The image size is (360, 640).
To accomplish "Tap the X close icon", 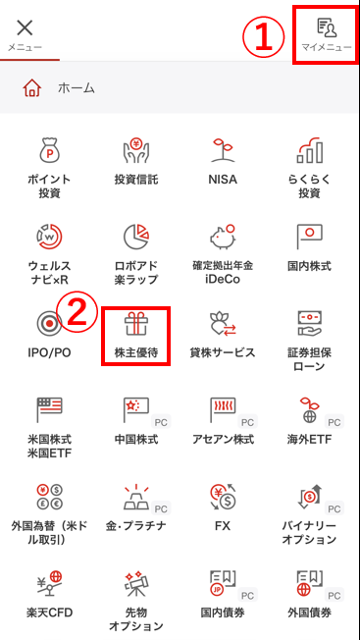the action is point(25,28).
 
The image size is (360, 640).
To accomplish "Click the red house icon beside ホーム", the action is point(32,87).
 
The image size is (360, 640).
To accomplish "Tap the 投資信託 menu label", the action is point(136,180).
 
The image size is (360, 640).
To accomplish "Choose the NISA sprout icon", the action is point(223,151).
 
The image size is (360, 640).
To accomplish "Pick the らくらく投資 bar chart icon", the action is point(309,151).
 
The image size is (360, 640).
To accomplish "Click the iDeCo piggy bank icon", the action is point(223,237).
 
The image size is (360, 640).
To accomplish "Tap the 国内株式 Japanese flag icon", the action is point(309,237).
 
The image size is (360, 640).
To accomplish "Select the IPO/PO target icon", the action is point(49,324).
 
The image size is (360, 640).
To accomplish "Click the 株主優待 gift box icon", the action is point(135,323).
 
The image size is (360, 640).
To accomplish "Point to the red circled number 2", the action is point(77,311).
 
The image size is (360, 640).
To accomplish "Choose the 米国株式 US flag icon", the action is point(49,409).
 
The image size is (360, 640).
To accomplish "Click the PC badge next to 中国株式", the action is point(161,422).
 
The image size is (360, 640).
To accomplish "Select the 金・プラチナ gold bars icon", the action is point(136,497).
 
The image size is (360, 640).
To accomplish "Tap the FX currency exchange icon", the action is point(223,497).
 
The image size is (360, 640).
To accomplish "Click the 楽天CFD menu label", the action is point(49,613).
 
